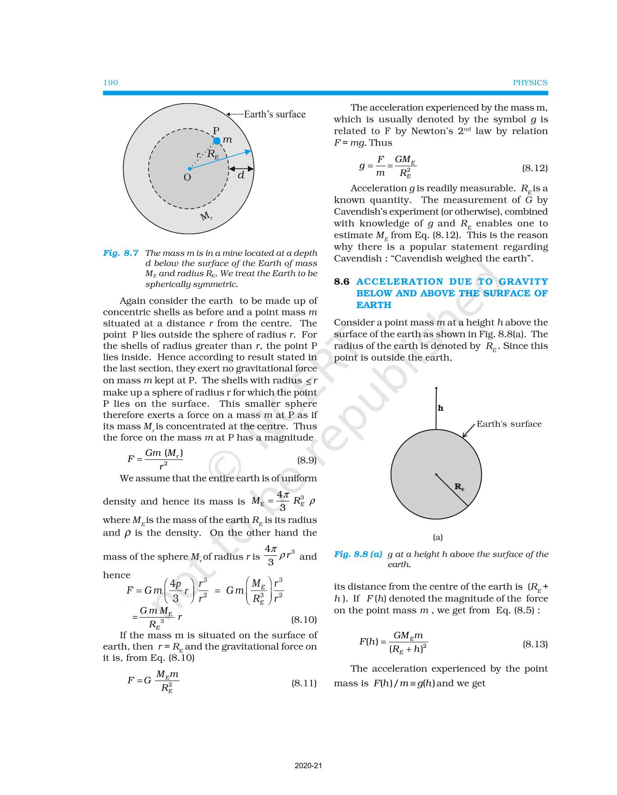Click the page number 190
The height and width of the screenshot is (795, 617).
(x=110, y=82)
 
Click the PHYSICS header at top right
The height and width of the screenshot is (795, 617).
(x=530, y=82)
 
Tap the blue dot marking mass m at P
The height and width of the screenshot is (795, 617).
(x=217, y=141)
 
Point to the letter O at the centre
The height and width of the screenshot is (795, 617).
(x=187, y=177)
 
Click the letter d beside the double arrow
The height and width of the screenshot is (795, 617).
(x=241, y=175)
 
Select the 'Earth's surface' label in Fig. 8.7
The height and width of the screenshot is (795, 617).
(x=274, y=114)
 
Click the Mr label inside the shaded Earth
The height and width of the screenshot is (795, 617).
(x=206, y=217)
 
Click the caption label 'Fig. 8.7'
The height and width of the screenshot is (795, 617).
(x=120, y=253)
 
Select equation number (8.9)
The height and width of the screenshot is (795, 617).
(x=306, y=460)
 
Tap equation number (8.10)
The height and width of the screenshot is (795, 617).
(x=304, y=620)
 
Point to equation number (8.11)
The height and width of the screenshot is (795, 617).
(x=304, y=683)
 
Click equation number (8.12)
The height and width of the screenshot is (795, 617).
(x=535, y=168)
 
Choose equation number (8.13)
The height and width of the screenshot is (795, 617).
(x=535, y=644)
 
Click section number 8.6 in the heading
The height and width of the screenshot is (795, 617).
(x=342, y=282)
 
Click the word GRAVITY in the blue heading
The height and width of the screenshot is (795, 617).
(x=523, y=282)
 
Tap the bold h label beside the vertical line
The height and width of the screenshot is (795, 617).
(x=441, y=408)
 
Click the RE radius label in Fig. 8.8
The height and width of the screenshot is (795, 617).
(x=459, y=487)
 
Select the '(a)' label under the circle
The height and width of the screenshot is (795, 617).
(x=438, y=537)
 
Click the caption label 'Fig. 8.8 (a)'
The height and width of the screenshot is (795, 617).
(x=358, y=554)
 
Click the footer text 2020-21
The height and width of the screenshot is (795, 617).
(x=308, y=766)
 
